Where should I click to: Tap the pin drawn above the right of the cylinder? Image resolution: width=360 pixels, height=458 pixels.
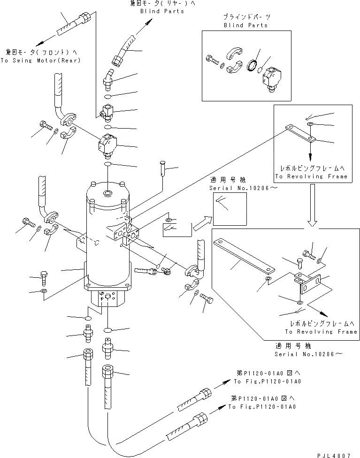(163, 168)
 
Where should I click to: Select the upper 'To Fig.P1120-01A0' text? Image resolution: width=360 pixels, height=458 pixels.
(268, 382)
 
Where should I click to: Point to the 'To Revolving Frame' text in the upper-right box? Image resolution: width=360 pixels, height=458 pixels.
(311, 176)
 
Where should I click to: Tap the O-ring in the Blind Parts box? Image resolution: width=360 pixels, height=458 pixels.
(253, 66)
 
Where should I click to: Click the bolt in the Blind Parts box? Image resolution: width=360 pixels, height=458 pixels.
(211, 60)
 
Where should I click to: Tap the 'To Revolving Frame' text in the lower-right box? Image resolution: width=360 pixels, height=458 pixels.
(321, 331)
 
